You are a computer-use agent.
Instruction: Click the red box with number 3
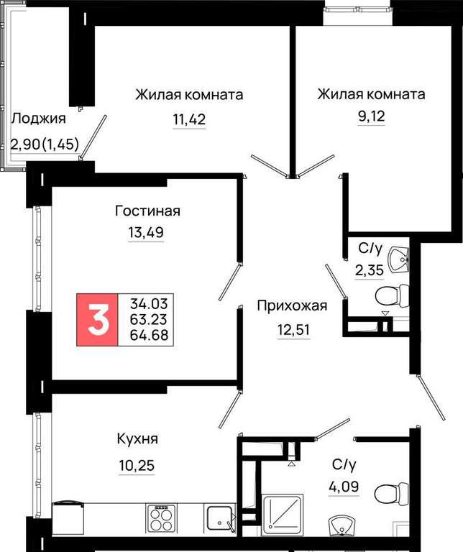point(97,319)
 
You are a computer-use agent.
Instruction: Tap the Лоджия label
point(38,119)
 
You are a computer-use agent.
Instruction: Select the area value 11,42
point(189,119)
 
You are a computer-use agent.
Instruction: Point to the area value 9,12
point(372,116)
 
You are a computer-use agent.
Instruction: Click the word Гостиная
point(147,211)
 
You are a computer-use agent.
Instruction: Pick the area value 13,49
point(146,232)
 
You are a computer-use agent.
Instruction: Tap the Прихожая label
point(292,305)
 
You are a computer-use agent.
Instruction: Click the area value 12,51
point(293,330)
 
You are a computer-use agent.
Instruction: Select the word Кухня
point(137,439)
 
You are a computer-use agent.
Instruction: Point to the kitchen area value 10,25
point(137,466)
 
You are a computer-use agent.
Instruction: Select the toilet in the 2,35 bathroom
point(392,296)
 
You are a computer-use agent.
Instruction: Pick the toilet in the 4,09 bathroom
point(392,492)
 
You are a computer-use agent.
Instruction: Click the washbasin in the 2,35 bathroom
point(398,259)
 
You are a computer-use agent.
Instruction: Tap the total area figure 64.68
point(149,335)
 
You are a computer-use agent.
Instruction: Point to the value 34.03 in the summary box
point(149,303)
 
